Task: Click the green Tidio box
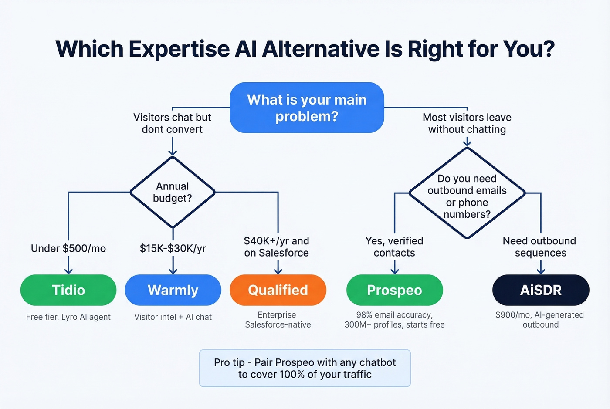pyautogui.click(x=68, y=290)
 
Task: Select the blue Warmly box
pyautogui.click(x=173, y=290)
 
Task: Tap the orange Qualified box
pyautogui.click(x=278, y=290)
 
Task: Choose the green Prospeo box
pyautogui.click(x=394, y=290)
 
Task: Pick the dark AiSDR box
pyautogui.click(x=541, y=290)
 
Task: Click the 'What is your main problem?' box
pyautogui.click(x=307, y=108)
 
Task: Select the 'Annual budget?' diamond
pyautogui.click(x=173, y=192)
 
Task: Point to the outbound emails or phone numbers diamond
pyautogui.click(x=467, y=193)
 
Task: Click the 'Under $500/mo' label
pyautogui.click(x=68, y=248)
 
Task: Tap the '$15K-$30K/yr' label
pyautogui.click(x=173, y=248)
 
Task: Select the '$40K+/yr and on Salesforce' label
pyautogui.click(x=277, y=247)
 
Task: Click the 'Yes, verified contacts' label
pyautogui.click(x=394, y=247)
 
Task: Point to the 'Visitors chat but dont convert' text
pyautogui.click(x=172, y=123)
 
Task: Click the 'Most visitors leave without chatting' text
pyautogui.click(x=467, y=123)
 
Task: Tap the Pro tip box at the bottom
pyautogui.click(x=305, y=368)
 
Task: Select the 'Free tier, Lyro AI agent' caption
pyautogui.click(x=68, y=317)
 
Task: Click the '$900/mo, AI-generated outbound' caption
pyautogui.click(x=540, y=320)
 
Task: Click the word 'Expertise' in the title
pyautogui.click(x=179, y=49)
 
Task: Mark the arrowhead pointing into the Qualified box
pyautogui.click(x=278, y=271)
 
